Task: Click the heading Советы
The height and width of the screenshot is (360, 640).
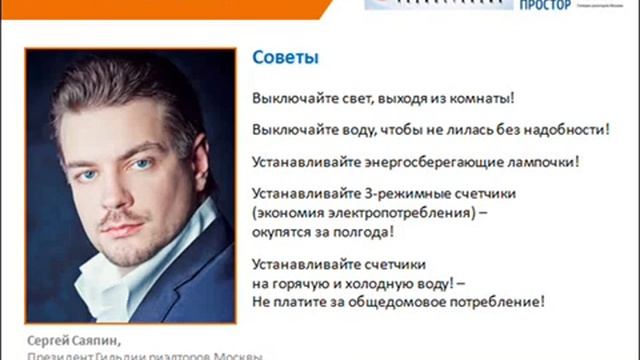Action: (285, 58)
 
